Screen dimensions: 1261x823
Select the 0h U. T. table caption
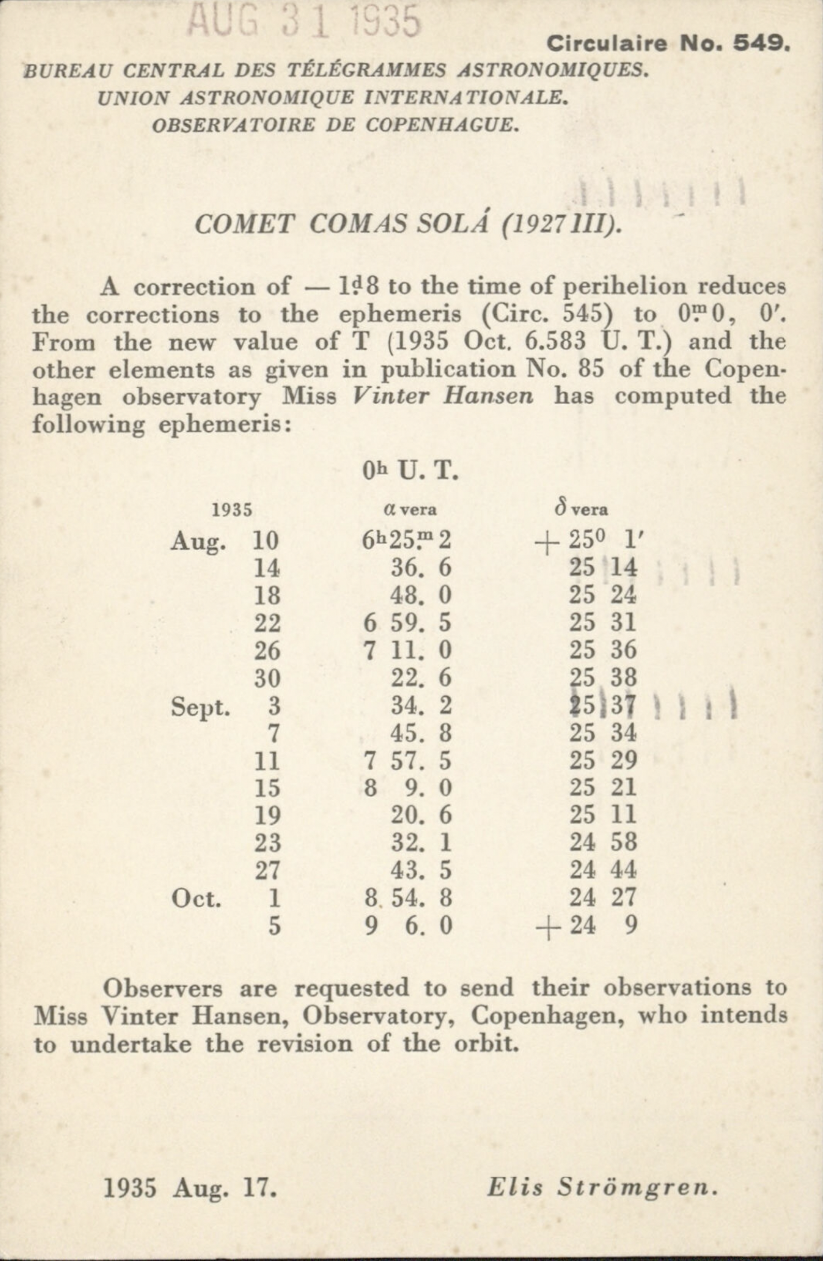pos(409,471)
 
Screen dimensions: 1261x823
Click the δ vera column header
pos(581,509)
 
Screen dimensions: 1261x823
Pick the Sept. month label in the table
pos(200,707)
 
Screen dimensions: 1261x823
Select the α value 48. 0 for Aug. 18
pos(421,595)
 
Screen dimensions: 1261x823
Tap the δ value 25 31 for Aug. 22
pos(602,623)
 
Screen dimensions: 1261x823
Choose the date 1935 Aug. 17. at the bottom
pos(190,1174)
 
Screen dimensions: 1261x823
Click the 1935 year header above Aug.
pos(231,510)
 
